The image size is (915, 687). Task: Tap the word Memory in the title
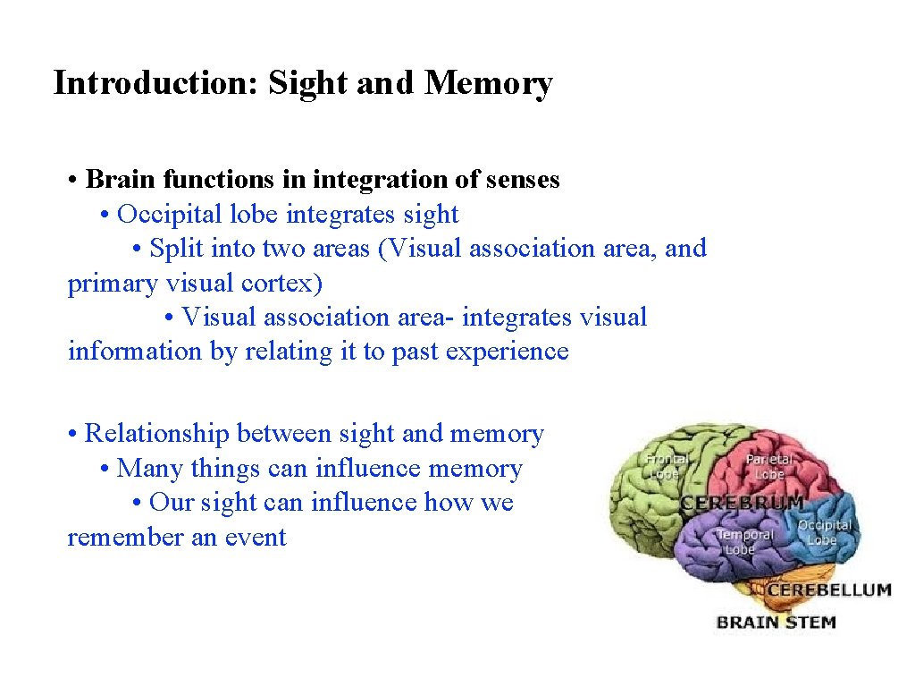click(489, 83)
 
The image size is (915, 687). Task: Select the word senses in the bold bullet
click(523, 180)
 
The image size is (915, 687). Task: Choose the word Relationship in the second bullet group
click(156, 434)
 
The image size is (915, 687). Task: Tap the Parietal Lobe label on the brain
click(768, 466)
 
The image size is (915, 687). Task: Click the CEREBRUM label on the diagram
click(743, 504)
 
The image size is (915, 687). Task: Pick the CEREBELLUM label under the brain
click(828, 590)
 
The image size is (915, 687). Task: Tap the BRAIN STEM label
click(776, 622)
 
